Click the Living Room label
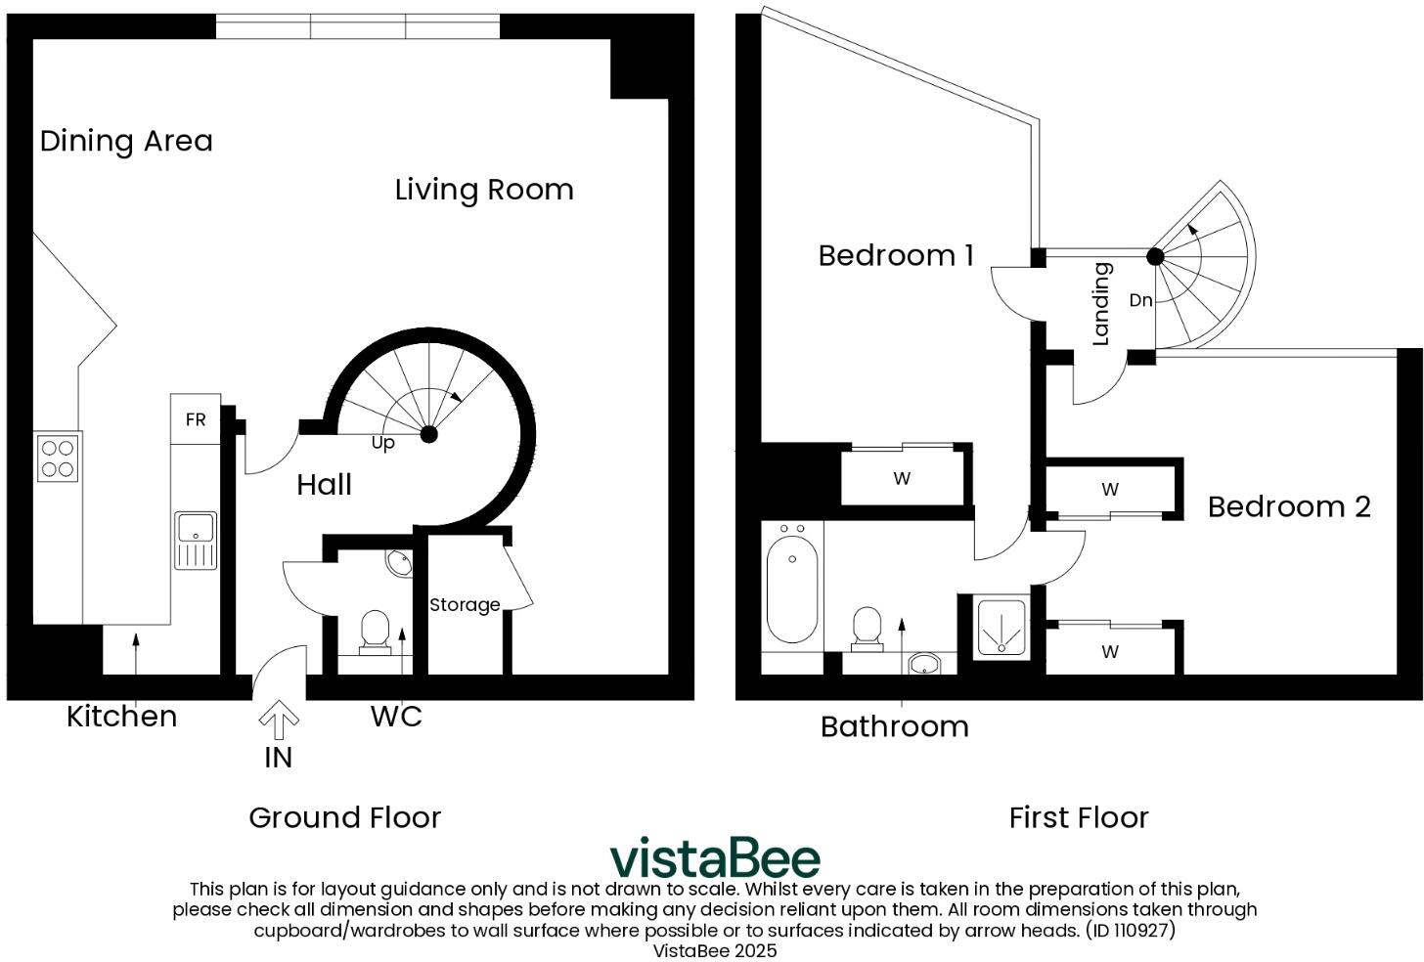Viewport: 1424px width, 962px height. click(x=484, y=190)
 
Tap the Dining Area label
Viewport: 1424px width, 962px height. click(x=126, y=141)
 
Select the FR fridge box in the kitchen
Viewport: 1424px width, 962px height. click(x=196, y=419)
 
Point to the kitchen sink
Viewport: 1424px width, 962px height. click(x=196, y=539)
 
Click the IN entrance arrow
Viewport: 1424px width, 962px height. click(x=279, y=721)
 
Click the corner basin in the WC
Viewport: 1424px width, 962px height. click(x=399, y=563)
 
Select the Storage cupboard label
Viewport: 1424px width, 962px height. click(x=465, y=605)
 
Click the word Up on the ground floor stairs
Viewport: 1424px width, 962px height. click(x=382, y=443)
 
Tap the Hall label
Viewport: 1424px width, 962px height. click(x=324, y=485)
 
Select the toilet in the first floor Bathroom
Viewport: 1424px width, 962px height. click(x=867, y=630)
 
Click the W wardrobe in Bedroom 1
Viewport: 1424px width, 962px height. click(x=902, y=478)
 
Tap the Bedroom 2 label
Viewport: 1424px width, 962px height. click(x=1288, y=506)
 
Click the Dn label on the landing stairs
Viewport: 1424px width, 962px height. click(x=1140, y=300)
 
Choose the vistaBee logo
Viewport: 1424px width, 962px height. click(x=715, y=858)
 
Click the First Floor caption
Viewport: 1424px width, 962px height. click(x=1078, y=817)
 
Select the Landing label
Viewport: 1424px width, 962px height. click(x=1101, y=304)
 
